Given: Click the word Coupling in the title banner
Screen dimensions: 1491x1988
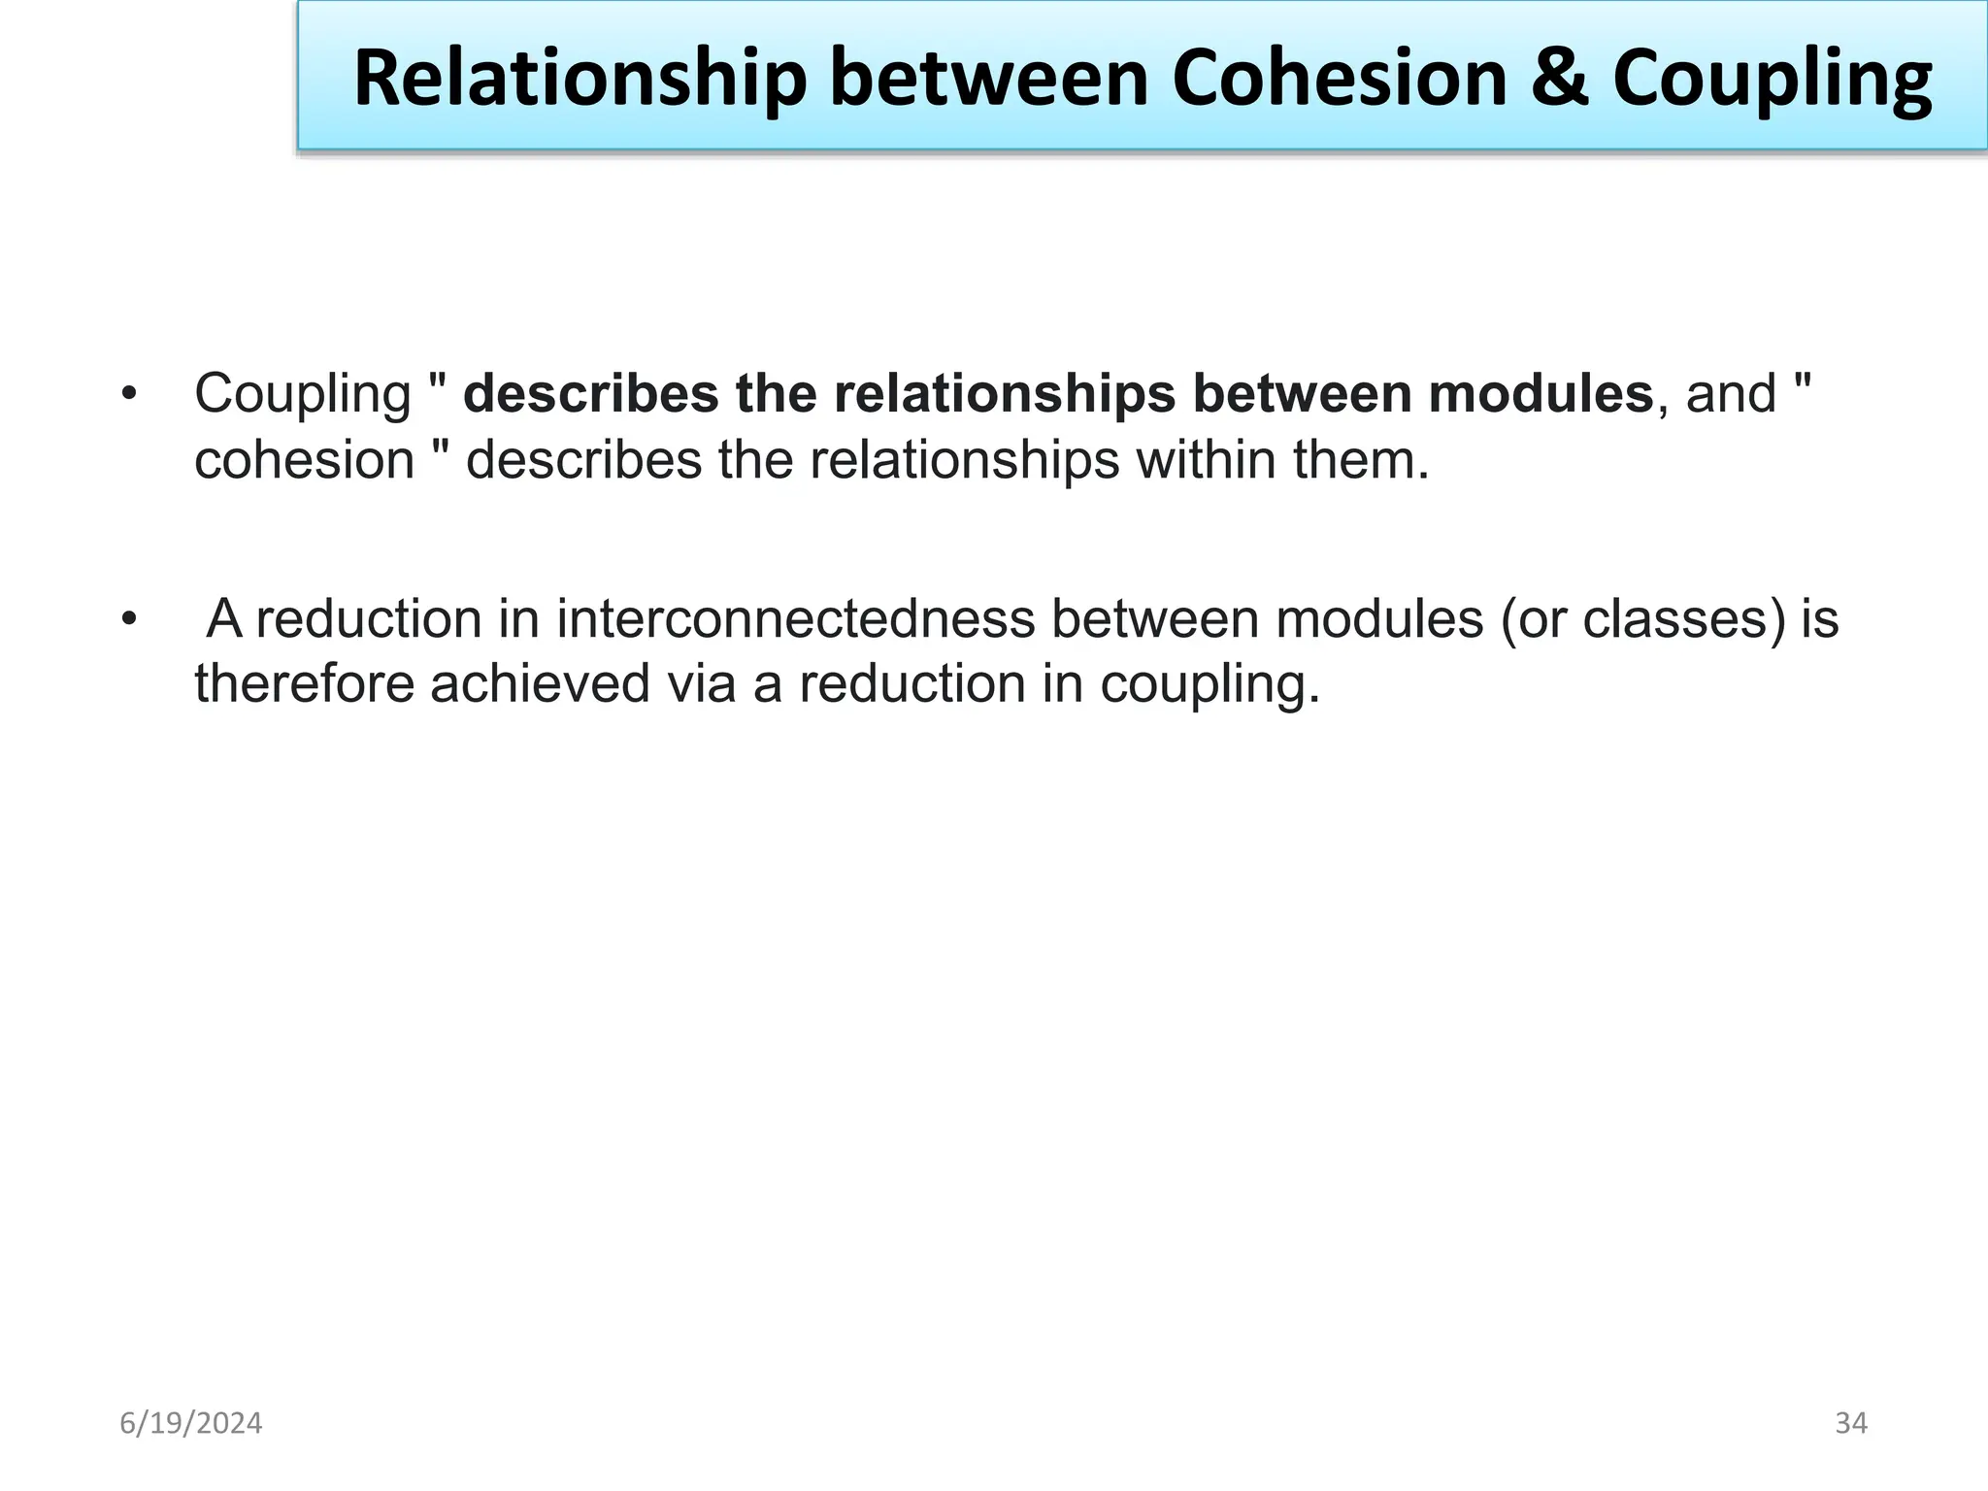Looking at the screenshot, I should click(1773, 80).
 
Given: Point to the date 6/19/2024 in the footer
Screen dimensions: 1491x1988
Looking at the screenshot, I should click(191, 1423).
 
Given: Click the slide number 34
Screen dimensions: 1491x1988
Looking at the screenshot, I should click(1851, 1423).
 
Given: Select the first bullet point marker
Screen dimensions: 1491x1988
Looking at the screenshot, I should click(129, 395).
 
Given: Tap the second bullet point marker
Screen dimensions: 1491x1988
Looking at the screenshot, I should click(129, 619).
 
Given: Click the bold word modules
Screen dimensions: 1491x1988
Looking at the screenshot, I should click(1541, 394).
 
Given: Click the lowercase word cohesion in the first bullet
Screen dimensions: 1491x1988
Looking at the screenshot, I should click(304, 460).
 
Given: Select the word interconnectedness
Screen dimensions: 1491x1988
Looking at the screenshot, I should click(796, 619).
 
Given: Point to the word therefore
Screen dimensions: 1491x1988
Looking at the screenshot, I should click(304, 684).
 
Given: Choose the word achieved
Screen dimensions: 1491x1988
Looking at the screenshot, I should click(540, 684).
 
